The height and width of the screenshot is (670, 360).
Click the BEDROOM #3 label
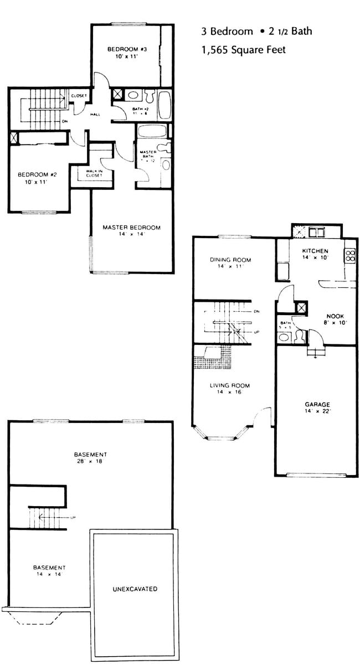tap(126, 49)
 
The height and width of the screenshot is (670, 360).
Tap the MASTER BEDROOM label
tap(131, 228)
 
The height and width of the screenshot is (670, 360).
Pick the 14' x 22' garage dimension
tap(316, 411)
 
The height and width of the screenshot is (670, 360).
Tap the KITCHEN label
tap(315, 251)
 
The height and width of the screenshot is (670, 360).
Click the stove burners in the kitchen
tap(351, 256)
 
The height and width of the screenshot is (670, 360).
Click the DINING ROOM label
tap(230, 260)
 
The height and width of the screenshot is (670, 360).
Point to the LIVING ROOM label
tap(230, 385)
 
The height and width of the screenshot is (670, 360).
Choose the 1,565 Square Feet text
tap(244, 50)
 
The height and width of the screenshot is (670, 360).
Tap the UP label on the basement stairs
tap(73, 518)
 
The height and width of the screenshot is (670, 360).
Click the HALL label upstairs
tap(94, 115)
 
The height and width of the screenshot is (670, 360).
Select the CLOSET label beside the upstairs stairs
tap(79, 96)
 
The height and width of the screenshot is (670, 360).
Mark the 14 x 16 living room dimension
tap(230, 393)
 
